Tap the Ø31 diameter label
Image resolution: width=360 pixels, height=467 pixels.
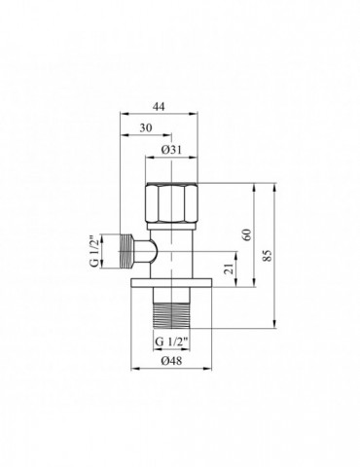pos(171,150)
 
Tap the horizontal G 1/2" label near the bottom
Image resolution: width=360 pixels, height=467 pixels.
pos(171,341)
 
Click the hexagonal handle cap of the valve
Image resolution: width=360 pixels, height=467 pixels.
pos(171,202)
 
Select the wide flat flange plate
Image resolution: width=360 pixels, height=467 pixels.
pos(171,285)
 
